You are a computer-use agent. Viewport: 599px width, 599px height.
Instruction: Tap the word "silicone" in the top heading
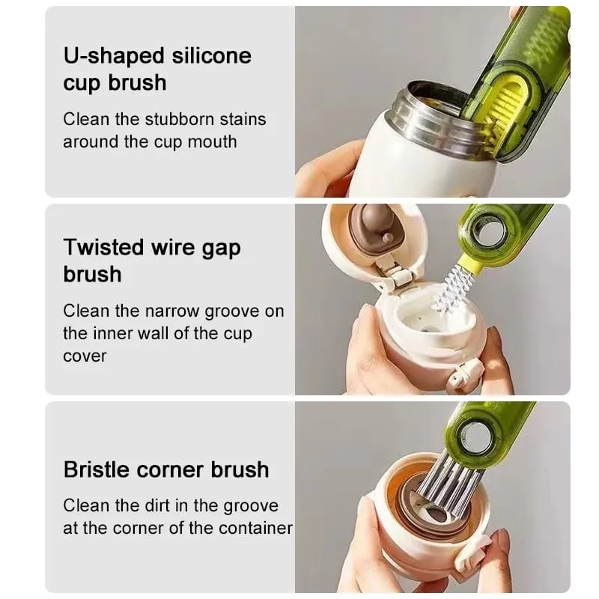tap(211, 55)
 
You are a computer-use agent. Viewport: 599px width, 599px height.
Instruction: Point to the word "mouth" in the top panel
tap(212, 142)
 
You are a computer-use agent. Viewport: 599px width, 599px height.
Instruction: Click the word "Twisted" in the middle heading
tap(104, 247)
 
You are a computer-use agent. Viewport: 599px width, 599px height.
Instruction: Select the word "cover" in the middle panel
tap(85, 357)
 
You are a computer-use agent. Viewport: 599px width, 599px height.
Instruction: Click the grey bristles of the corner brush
tap(448, 482)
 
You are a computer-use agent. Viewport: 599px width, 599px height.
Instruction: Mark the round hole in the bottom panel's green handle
tap(476, 437)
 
